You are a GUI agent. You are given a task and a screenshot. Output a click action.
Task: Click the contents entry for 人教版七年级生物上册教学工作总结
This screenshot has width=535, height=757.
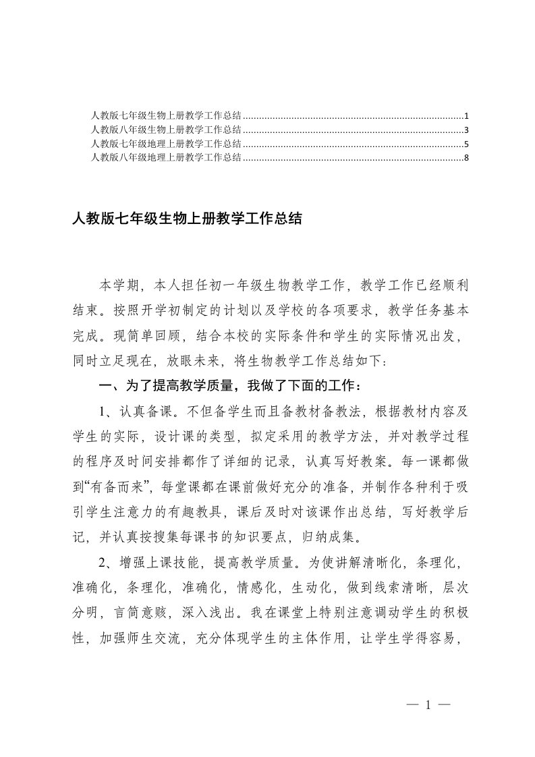(x=167, y=116)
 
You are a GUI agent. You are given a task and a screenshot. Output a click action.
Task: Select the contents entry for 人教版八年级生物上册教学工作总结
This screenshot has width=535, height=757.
(x=167, y=130)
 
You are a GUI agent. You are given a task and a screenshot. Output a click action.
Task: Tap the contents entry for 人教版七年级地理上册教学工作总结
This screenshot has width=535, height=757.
(x=167, y=144)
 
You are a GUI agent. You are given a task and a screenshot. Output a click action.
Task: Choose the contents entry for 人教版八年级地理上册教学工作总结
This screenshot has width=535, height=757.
(x=167, y=157)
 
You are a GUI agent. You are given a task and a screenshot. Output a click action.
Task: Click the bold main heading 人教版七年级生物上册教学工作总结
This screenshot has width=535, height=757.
(x=187, y=219)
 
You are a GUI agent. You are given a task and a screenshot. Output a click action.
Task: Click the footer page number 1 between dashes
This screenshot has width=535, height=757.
(x=428, y=706)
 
